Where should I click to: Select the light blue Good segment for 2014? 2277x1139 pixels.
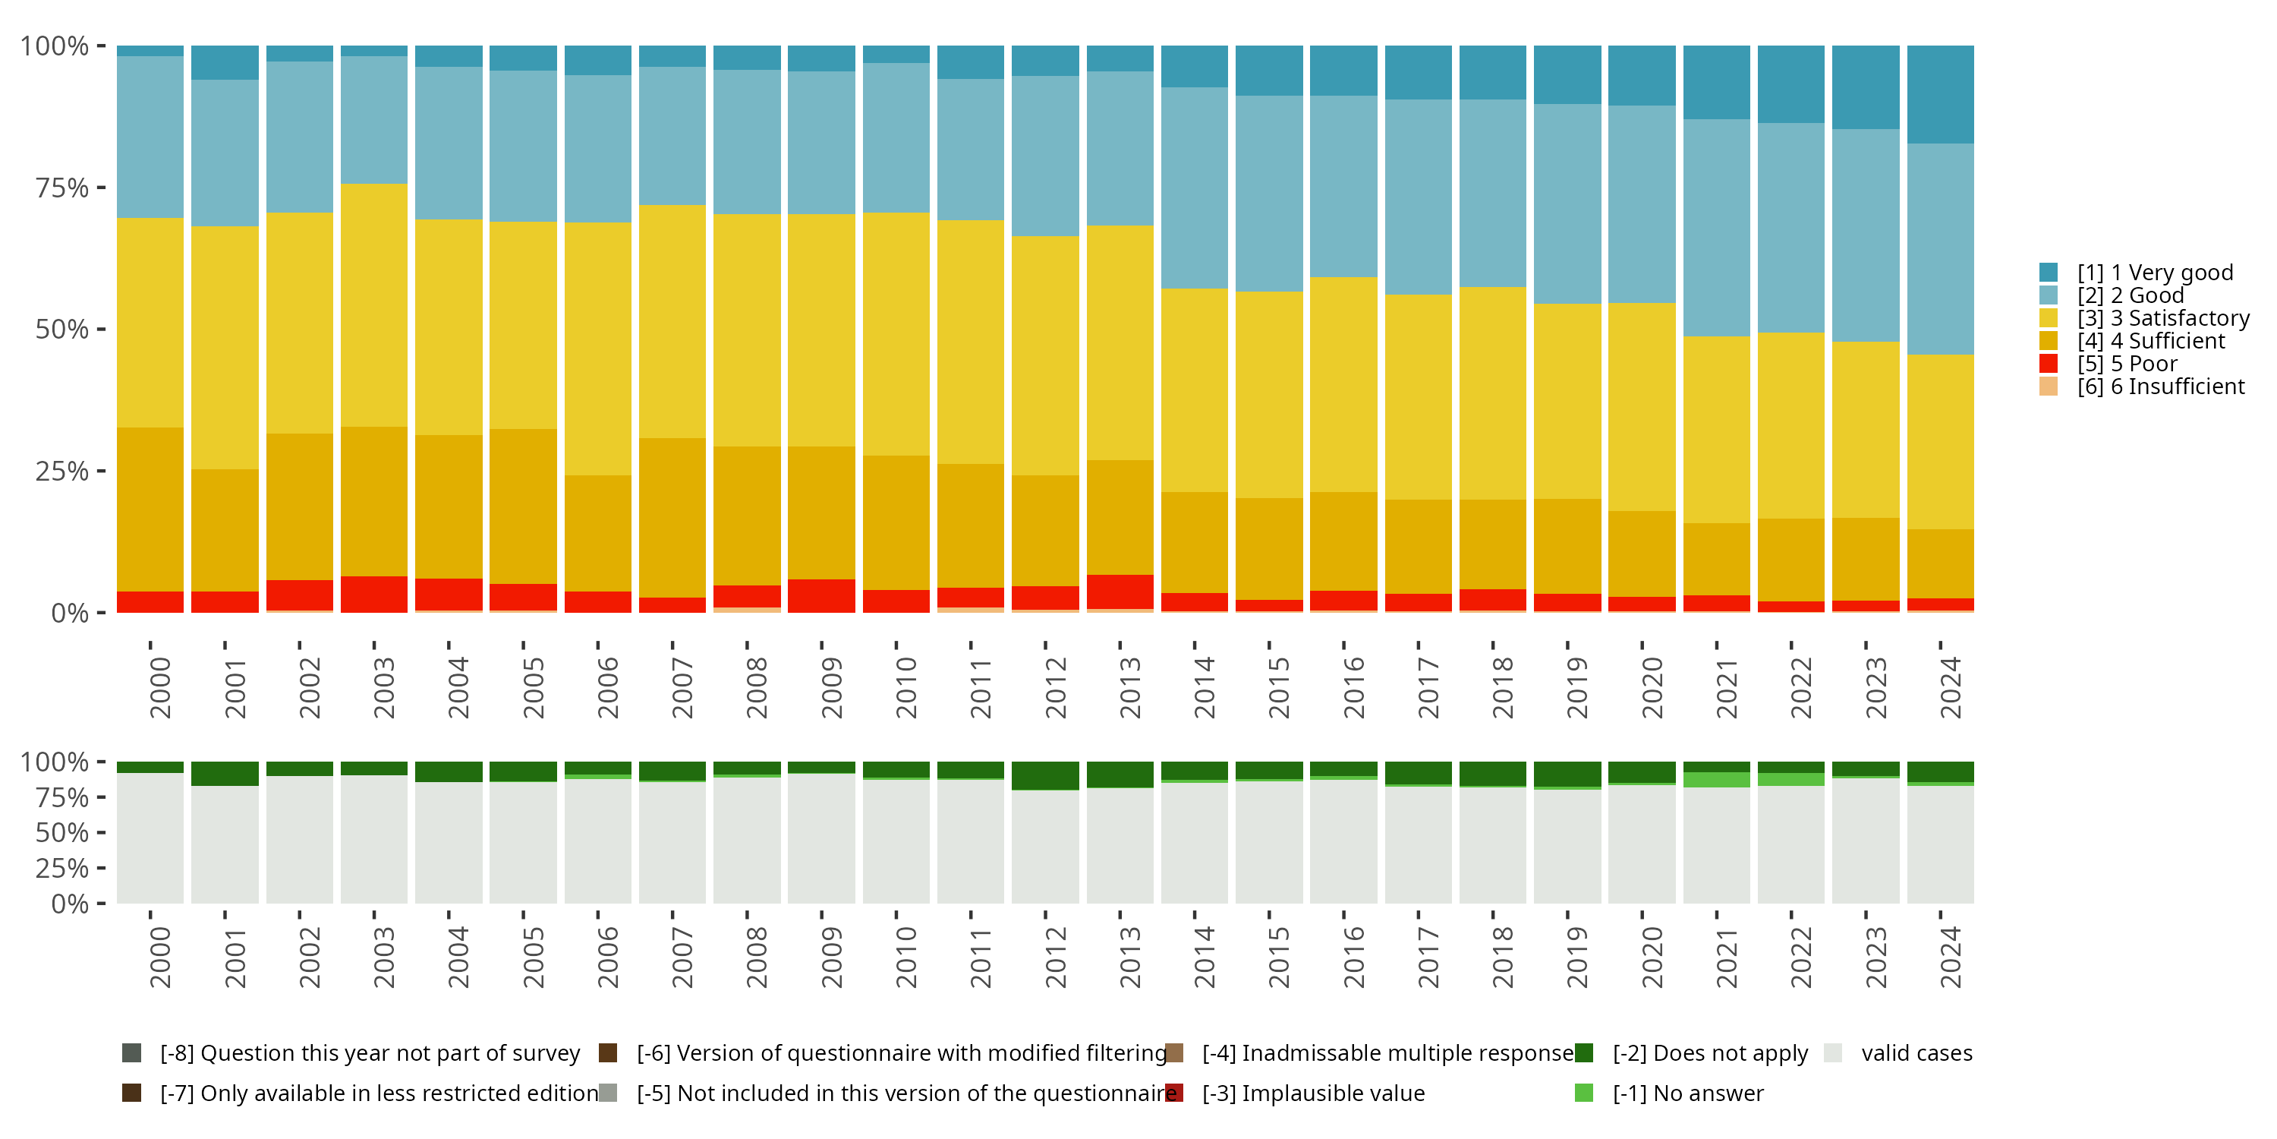(x=1194, y=188)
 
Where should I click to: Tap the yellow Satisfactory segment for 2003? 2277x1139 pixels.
(x=374, y=305)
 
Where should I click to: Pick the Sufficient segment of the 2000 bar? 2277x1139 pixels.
(x=150, y=510)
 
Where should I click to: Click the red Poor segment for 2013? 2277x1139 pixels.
(x=1120, y=592)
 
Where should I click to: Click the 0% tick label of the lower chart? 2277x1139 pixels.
(x=69, y=904)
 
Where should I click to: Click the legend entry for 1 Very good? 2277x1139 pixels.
(x=2154, y=273)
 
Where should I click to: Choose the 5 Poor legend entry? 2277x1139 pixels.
(x=2127, y=364)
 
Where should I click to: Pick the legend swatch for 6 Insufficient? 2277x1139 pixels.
(x=2048, y=387)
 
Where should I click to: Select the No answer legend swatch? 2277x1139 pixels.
(x=1583, y=1093)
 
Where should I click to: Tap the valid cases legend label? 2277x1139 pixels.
(x=1916, y=1053)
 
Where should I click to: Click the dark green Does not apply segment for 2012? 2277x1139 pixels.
(x=1045, y=775)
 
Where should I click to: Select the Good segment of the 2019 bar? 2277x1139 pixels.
(x=1567, y=204)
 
